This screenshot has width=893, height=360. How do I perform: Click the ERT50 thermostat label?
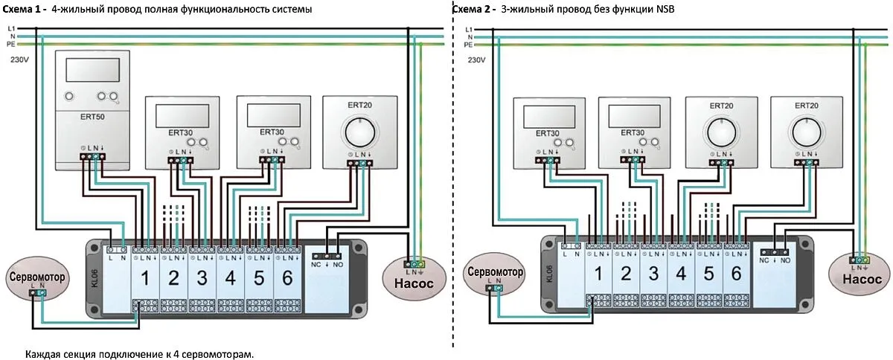point(92,118)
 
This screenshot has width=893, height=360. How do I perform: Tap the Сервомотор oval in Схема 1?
point(36,277)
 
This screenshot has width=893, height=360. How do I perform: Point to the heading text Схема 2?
point(471,9)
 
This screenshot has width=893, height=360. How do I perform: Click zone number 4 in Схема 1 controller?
point(230,280)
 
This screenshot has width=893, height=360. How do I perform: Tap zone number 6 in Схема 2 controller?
point(735,273)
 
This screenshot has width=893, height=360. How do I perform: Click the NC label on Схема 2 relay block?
point(764,260)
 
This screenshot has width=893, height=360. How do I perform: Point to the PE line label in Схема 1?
point(11,45)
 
